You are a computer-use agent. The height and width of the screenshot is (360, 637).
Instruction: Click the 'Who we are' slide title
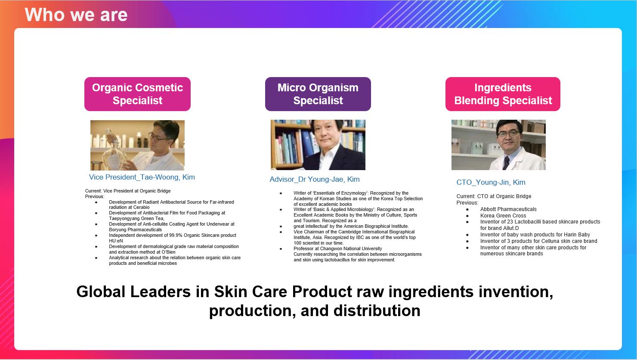click(76, 15)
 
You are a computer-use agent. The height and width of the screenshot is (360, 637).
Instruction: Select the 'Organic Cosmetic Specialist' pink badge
click(137, 94)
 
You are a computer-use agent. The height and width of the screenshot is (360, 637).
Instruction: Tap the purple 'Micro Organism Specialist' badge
click(318, 94)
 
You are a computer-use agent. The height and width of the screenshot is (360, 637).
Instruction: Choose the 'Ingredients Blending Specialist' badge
click(503, 94)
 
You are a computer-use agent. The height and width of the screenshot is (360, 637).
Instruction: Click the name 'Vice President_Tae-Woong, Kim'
click(142, 177)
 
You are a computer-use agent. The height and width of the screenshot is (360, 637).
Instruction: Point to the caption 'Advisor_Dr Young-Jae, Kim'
click(315, 179)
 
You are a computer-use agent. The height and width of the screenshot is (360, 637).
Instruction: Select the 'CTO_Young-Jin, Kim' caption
click(491, 182)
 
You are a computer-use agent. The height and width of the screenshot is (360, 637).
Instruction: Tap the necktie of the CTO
click(506, 163)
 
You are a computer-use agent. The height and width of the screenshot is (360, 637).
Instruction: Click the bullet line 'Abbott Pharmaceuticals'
click(508, 209)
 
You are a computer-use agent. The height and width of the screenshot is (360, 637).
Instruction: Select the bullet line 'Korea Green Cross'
click(503, 216)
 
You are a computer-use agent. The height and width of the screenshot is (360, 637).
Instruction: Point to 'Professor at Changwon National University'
click(337, 249)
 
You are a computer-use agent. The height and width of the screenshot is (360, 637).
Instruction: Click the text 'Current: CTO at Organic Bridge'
click(494, 196)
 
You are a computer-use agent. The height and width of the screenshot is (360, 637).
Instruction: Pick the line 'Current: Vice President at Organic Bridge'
click(128, 191)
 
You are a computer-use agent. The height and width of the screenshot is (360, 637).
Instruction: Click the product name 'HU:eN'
click(116, 241)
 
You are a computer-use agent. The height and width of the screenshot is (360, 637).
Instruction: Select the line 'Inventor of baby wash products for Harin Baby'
click(535, 235)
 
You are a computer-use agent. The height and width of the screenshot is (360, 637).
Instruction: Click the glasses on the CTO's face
click(508, 133)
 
